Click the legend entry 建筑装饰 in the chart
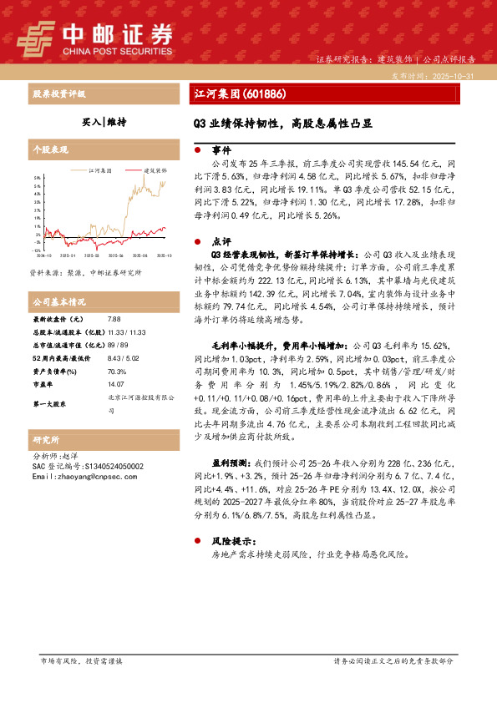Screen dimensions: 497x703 (x=154, y=168)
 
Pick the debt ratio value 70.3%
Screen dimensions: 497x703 (x=117, y=371)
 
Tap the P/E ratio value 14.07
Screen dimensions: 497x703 (x=116, y=384)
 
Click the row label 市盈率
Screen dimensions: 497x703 (x=43, y=384)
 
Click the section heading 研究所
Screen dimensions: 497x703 (x=46, y=439)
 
